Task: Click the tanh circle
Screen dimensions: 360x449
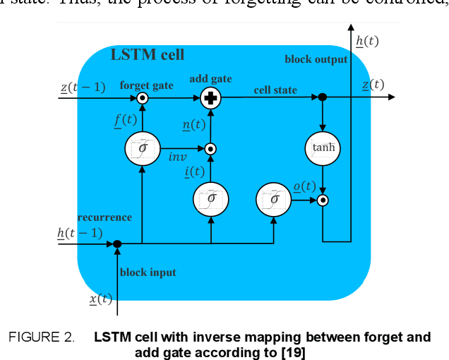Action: coord(322,148)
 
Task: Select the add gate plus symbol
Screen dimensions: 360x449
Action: coord(209,98)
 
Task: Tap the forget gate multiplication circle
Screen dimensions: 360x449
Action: coord(142,98)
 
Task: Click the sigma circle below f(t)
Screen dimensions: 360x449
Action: coord(142,149)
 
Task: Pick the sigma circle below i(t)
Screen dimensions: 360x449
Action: coord(210,198)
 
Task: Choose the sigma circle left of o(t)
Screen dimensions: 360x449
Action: coord(273,198)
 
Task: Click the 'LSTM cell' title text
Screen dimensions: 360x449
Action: coord(148,54)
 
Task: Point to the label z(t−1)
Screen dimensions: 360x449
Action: coord(83,87)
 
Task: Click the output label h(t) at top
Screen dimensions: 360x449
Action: coord(367,41)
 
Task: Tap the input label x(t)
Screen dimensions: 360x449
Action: coord(101,299)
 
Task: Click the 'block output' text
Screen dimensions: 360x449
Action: coord(316,59)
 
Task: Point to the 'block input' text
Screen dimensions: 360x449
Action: coord(148,272)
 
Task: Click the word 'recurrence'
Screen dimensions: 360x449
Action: coord(104,217)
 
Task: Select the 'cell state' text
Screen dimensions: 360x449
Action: coord(275,90)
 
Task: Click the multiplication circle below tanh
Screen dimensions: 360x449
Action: coord(323,200)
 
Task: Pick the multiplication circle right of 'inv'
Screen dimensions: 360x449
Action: coord(210,149)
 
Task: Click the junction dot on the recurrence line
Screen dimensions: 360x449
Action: coord(117,244)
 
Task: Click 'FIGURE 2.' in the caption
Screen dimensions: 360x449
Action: coord(41,337)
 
